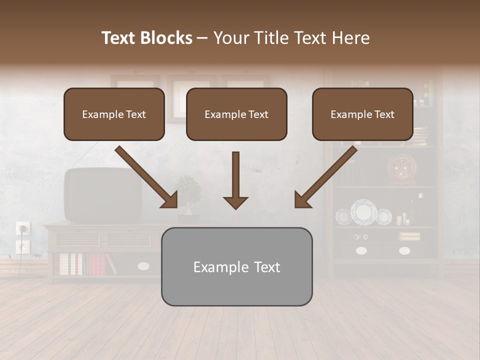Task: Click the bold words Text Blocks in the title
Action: [x=147, y=38]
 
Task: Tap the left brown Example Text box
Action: [x=114, y=114]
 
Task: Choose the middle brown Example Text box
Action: [x=236, y=114]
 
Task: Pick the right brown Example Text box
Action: [x=362, y=114]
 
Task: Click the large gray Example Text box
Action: [x=236, y=267]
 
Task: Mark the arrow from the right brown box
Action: [x=325, y=177]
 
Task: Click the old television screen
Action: [x=102, y=195]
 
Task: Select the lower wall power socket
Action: [x=22, y=246]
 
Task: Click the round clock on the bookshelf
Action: [x=400, y=169]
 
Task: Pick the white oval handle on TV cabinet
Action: [x=143, y=266]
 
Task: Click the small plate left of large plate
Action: [x=343, y=216]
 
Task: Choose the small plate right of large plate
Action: [x=383, y=216]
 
